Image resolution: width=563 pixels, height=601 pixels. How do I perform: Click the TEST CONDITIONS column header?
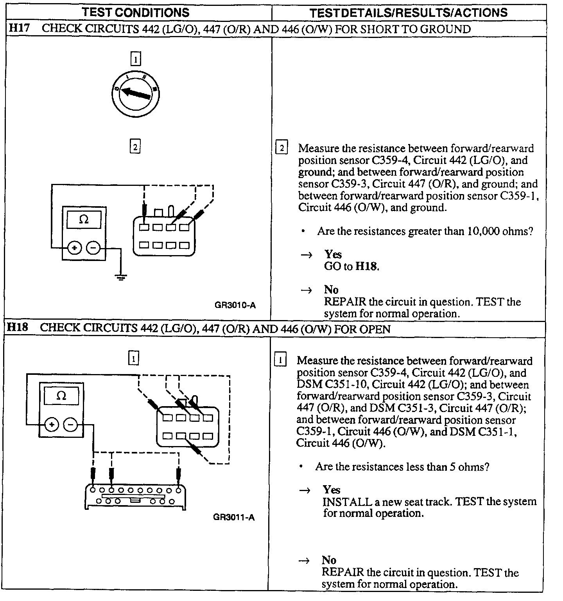(x=136, y=12)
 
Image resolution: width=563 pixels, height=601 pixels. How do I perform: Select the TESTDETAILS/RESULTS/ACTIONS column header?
(x=409, y=12)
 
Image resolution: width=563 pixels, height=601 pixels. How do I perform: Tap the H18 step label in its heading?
(x=18, y=327)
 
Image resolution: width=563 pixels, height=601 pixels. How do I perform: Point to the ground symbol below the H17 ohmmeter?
(x=121, y=277)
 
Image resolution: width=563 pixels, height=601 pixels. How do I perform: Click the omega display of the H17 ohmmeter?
(x=84, y=220)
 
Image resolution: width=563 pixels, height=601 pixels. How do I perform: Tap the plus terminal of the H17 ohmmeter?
(x=74, y=248)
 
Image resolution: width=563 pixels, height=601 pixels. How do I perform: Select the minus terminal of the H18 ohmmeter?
(x=70, y=425)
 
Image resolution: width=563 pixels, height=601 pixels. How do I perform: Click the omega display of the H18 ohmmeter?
(x=61, y=396)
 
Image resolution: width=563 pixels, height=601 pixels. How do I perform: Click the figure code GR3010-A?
(x=235, y=305)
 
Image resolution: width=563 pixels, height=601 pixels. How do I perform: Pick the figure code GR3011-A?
(x=234, y=517)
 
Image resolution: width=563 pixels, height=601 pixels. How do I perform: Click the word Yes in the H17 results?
(x=333, y=255)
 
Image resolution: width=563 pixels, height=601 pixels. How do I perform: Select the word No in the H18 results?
(x=329, y=560)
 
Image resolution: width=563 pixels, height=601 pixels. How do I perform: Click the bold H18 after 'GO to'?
(x=367, y=267)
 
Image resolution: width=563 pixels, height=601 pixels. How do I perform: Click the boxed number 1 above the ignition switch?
(x=135, y=59)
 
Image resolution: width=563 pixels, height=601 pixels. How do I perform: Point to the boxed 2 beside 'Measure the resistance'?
(x=281, y=148)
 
